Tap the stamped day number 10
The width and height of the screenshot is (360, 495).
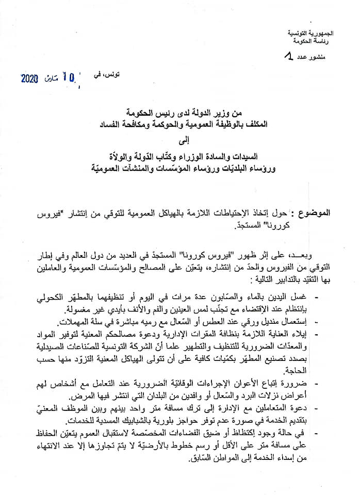click(68, 78)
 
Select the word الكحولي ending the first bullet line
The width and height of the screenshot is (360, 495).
click(56, 298)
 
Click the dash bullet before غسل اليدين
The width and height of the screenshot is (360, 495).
click(316, 298)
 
